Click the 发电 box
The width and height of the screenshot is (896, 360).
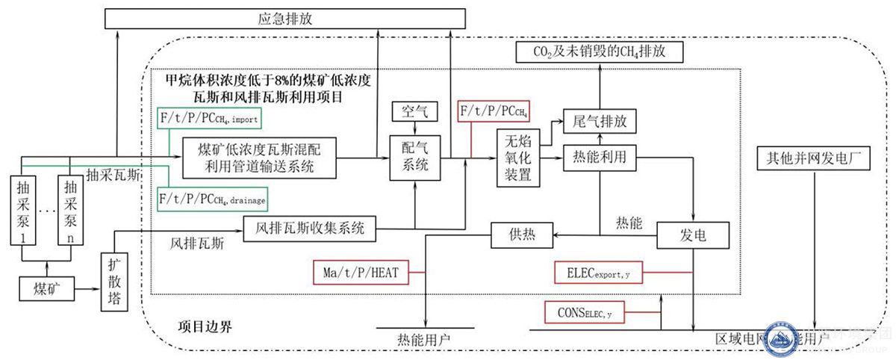(691, 237)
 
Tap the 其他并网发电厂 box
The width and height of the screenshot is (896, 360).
(812, 158)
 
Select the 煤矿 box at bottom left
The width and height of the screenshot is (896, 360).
(46, 288)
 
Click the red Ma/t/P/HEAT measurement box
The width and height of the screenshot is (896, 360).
(361, 273)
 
